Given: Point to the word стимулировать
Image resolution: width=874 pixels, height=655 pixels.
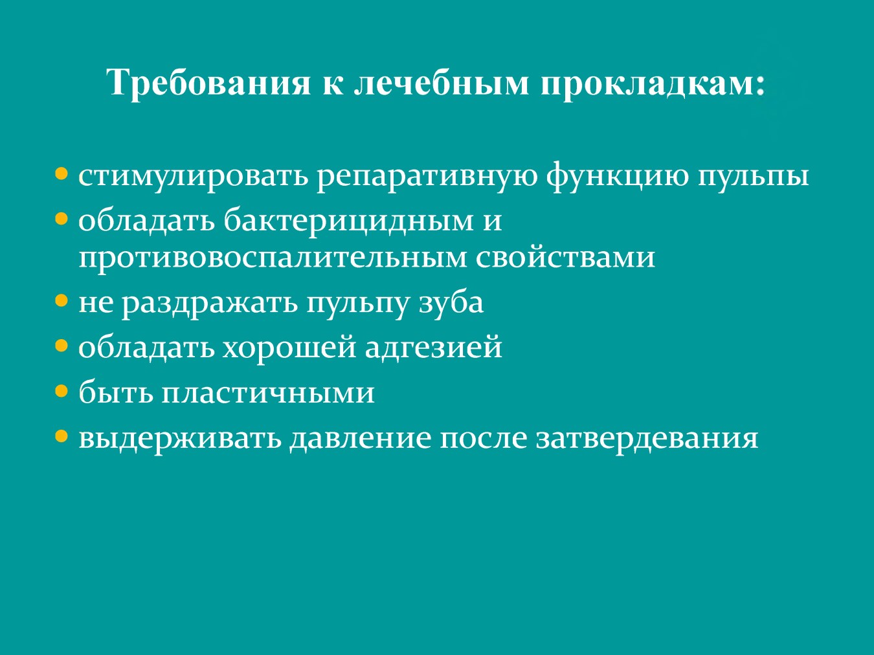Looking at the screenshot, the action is pyautogui.click(x=194, y=177).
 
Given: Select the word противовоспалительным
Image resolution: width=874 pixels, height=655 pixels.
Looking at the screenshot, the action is pyautogui.click(x=273, y=258).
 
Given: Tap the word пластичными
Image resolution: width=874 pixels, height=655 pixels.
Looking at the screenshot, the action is pyautogui.click(x=268, y=394).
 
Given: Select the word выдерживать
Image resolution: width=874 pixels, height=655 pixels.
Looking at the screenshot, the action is pyautogui.click(x=180, y=439).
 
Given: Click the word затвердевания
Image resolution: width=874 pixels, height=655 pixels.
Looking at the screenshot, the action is pyautogui.click(x=647, y=440).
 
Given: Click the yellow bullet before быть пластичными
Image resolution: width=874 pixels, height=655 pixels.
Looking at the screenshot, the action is pyautogui.click(x=62, y=392).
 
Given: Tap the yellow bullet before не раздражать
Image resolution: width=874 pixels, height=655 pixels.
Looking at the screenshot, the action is pyautogui.click(x=62, y=300).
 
